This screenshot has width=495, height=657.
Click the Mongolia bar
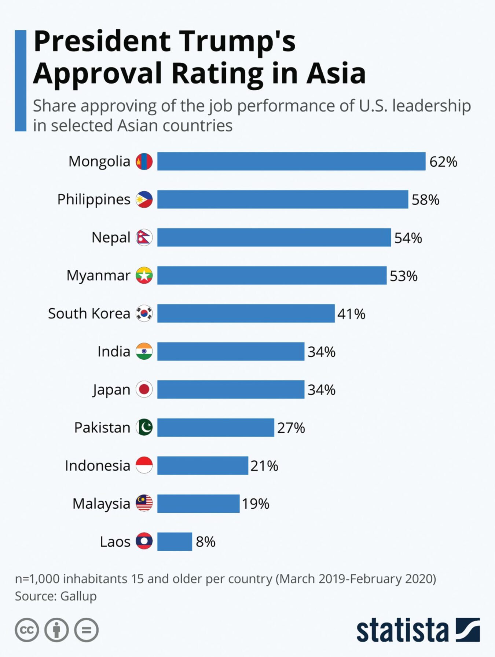tap(291, 161)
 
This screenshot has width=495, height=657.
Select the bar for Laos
tap(175, 541)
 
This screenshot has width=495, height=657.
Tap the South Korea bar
tap(246, 313)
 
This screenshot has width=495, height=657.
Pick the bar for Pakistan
tap(216, 428)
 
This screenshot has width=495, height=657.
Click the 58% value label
tap(425, 200)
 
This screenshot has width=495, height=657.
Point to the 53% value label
tap(403, 276)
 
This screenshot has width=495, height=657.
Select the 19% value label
tap(256, 504)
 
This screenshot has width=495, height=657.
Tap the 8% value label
tap(205, 542)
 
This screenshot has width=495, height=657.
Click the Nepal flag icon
tap(144, 237)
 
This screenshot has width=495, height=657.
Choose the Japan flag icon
tap(144, 389)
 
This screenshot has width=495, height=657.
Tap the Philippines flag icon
tap(144, 199)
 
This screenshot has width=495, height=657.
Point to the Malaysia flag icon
tap(144, 503)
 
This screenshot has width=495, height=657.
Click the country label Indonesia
tap(98, 466)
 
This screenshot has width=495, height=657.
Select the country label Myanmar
tap(98, 276)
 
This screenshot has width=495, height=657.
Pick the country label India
tap(114, 352)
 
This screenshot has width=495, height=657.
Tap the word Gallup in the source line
tap(78, 596)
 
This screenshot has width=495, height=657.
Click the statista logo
tap(418, 630)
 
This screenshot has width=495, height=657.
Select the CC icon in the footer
tap(27, 630)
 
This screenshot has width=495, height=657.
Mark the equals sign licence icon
tap(87, 630)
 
